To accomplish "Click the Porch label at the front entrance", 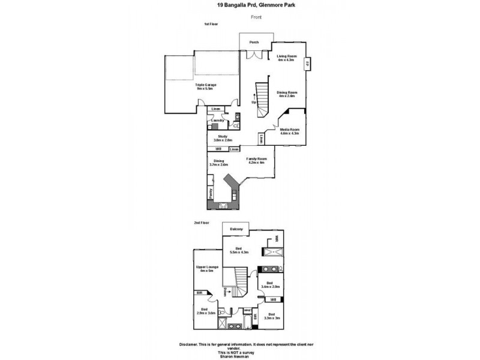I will pos(254,42).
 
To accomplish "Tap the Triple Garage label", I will pos(205,85).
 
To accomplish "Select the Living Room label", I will pos(287,56).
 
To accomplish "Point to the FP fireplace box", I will pos(307,64).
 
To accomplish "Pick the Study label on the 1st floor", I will pos(221,136).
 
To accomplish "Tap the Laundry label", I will pos(217,121).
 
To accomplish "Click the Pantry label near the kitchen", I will pos(211,193).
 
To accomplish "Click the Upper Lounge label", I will pos(206,266).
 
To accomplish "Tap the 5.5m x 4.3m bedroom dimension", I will pos(238,252).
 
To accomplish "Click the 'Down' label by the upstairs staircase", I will pos(224,292).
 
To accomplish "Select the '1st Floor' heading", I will pos(211,24).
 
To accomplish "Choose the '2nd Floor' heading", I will pos(202,223).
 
